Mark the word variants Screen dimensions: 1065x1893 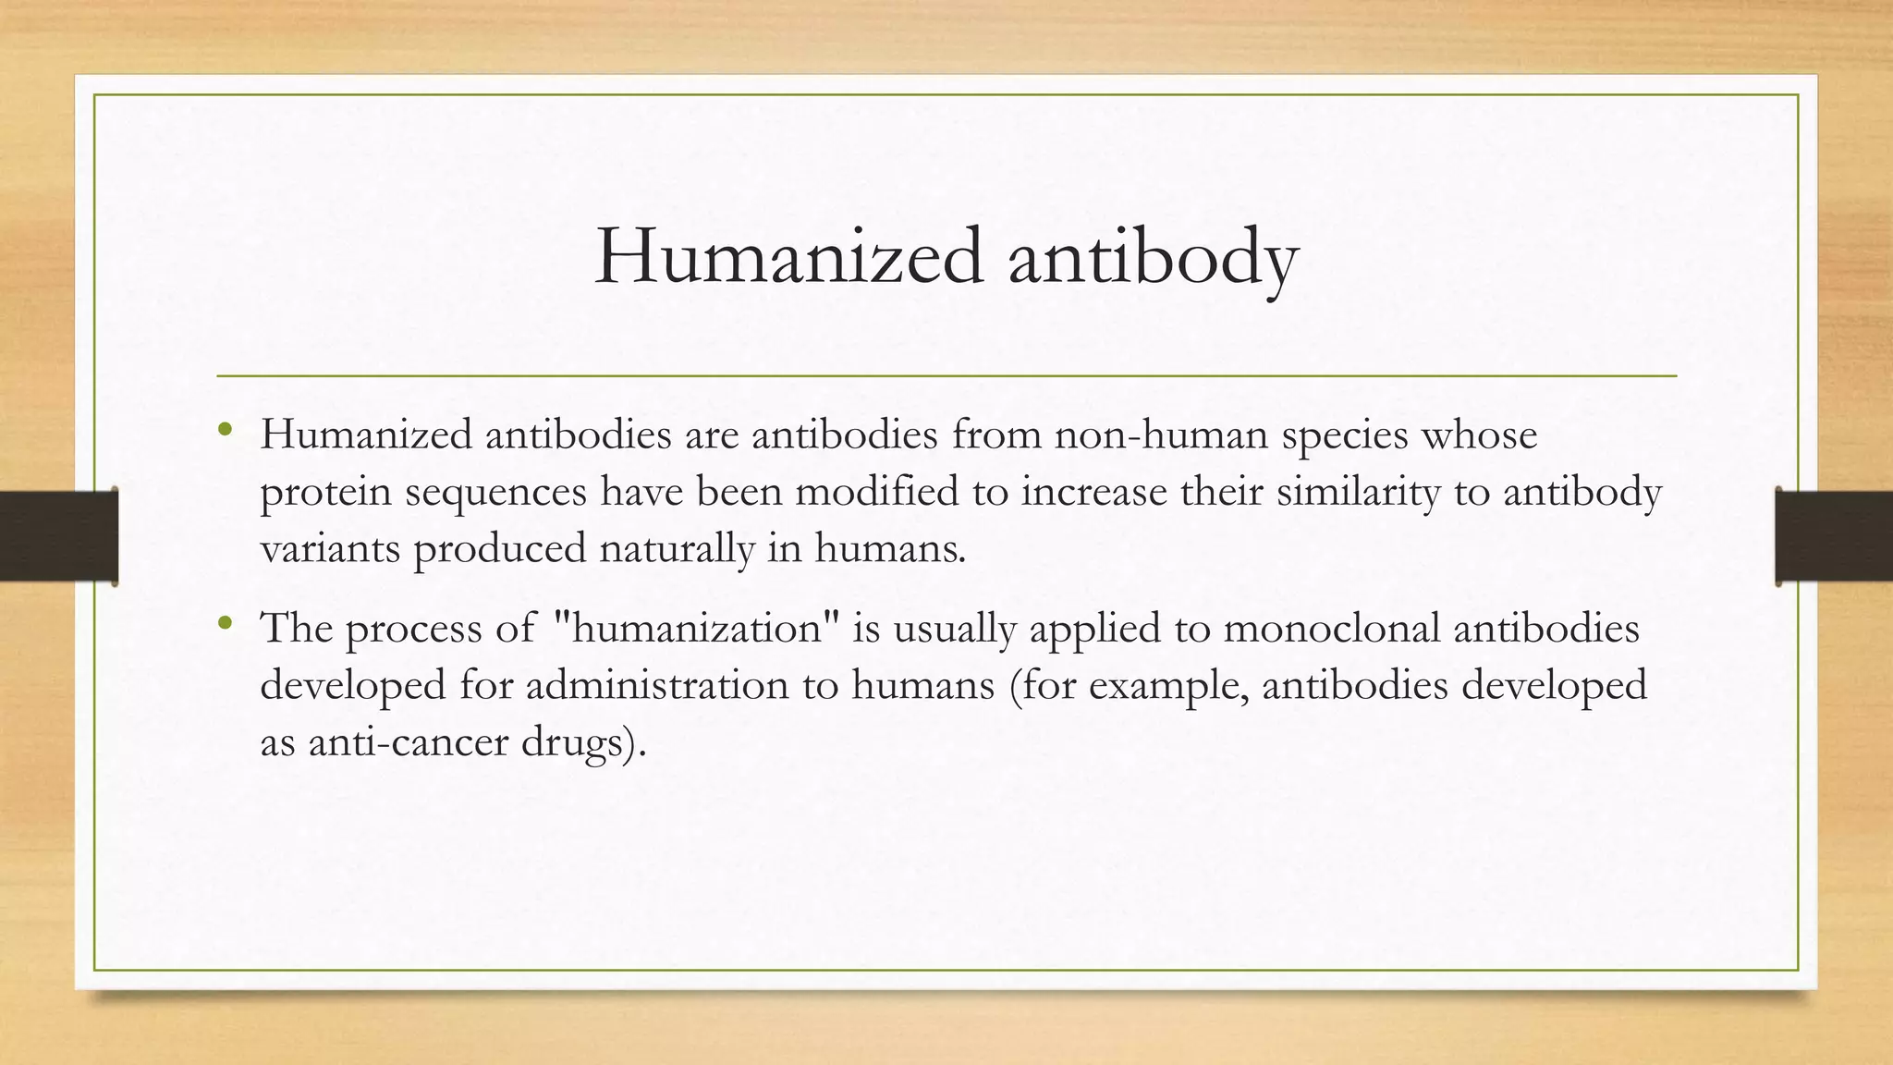pyautogui.click(x=330, y=548)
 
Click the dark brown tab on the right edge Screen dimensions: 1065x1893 pyautogui.click(x=1834, y=536)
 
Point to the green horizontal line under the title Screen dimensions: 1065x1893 pyautogui.click(x=946, y=376)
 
